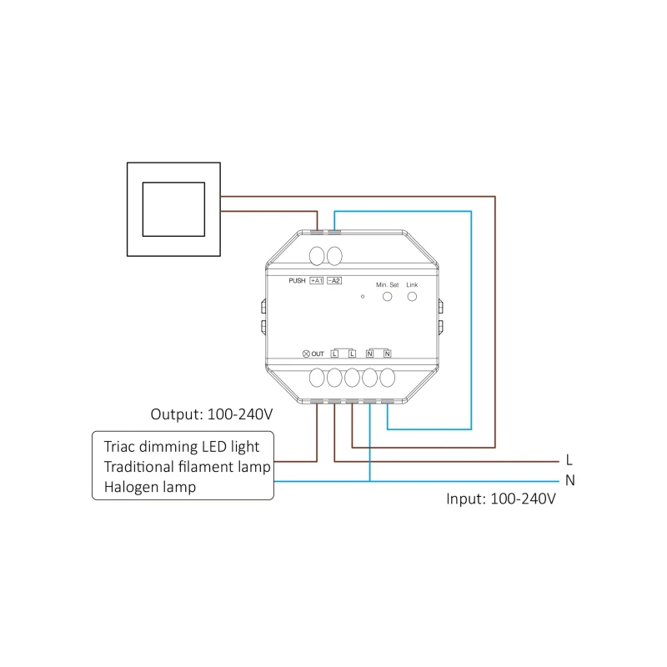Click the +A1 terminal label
point(317,281)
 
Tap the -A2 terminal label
point(334,281)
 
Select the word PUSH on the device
point(297,281)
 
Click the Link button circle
point(412,297)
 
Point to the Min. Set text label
point(387,285)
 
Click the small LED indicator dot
point(363,297)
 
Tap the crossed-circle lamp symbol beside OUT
point(306,354)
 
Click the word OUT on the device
point(318,354)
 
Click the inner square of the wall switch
point(173,209)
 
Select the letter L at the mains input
point(569,460)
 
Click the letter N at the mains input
point(570,480)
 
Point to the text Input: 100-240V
point(501,499)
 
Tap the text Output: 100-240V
point(212,414)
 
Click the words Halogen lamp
point(150,487)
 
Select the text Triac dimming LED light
point(182,447)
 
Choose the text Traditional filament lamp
point(187,467)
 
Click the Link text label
point(412,285)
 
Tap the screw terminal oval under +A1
point(317,256)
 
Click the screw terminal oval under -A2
point(334,256)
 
